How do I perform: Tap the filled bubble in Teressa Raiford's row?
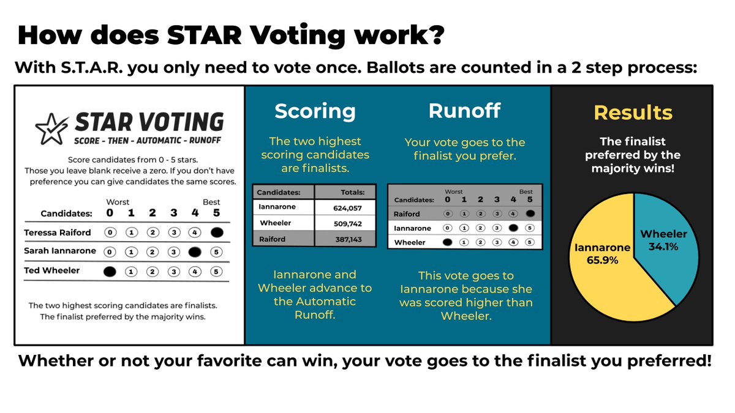(216, 233)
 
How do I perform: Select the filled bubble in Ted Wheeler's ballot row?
(110, 271)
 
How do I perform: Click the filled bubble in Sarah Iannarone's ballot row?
(195, 251)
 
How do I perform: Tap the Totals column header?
(351, 192)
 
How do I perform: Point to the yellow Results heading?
(633, 113)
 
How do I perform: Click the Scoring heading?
(315, 111)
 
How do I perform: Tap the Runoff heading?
(464, 111)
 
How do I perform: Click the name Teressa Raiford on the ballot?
(58, 233)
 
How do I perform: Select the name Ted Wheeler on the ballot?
(52, 270)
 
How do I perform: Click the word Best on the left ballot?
(211, 202)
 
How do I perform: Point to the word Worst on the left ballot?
(118, 202)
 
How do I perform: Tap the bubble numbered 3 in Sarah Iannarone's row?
(174, 251)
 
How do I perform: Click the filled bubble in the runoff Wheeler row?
(447, 242)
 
